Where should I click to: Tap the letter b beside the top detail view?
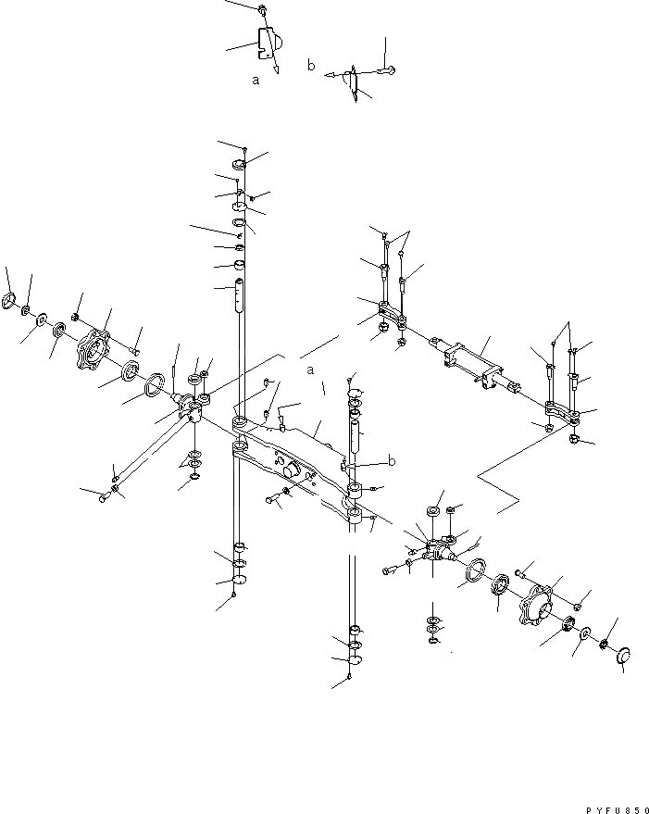pos(312,65)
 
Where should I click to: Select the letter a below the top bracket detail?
pos(256,81)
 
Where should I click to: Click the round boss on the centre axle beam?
pos(295,470)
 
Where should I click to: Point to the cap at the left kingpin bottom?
pos(239,580)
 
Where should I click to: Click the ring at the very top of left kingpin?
pos(241,166)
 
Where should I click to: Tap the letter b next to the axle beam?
pos(393,459)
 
